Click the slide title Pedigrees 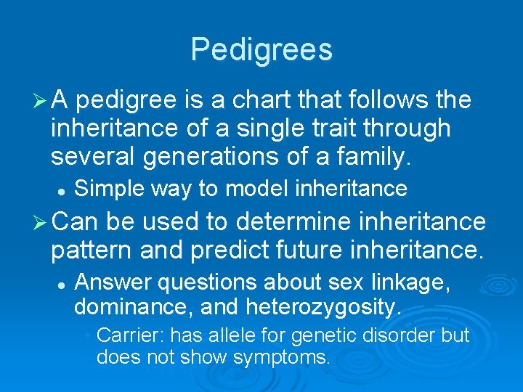click(261, 49)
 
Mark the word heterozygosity click(324, 308)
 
